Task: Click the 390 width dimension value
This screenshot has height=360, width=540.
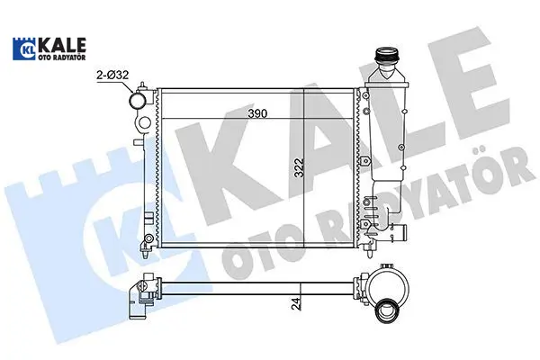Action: pos(257,113)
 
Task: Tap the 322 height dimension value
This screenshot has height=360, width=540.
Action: pos(300,167)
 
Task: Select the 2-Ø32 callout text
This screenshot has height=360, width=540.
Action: pos(112,75)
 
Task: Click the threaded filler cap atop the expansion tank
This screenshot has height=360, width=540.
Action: pos(387,55)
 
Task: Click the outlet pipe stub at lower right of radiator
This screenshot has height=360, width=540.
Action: pos(400,230)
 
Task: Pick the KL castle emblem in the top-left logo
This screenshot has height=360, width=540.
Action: pos(24,49)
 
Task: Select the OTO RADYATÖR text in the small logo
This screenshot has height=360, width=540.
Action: pos(61,58)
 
